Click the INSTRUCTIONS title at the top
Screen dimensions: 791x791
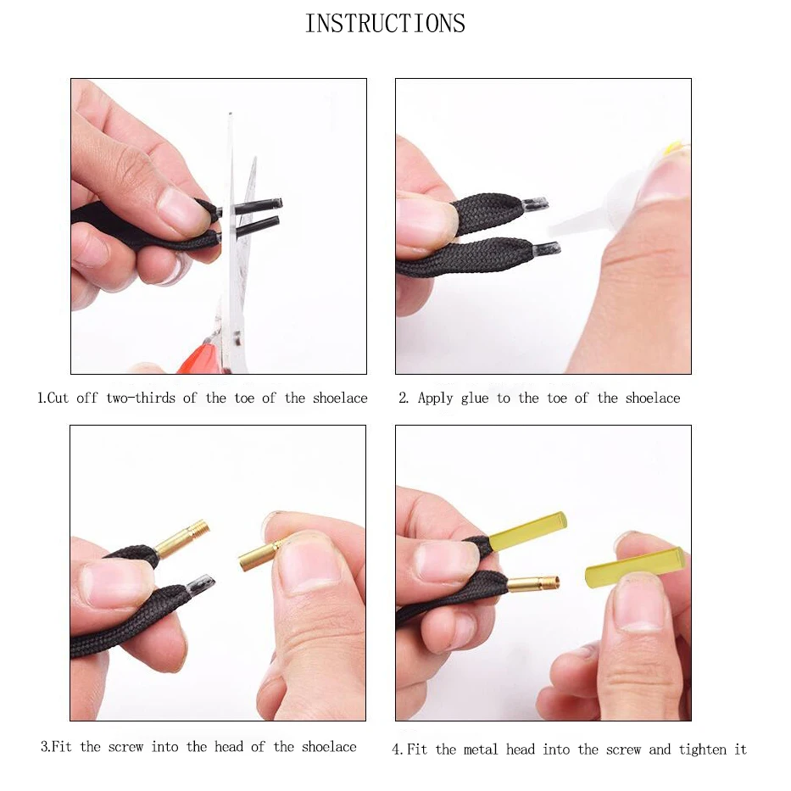385,24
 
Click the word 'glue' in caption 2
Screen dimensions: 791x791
475,398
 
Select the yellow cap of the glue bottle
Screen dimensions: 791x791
674,149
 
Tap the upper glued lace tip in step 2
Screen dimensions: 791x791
534,204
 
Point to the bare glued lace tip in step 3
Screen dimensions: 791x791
200,584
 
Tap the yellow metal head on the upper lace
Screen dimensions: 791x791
527,530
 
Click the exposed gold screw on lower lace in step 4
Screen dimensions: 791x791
533,584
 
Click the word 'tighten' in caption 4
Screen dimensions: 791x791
701,749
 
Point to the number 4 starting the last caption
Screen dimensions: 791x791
396,749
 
